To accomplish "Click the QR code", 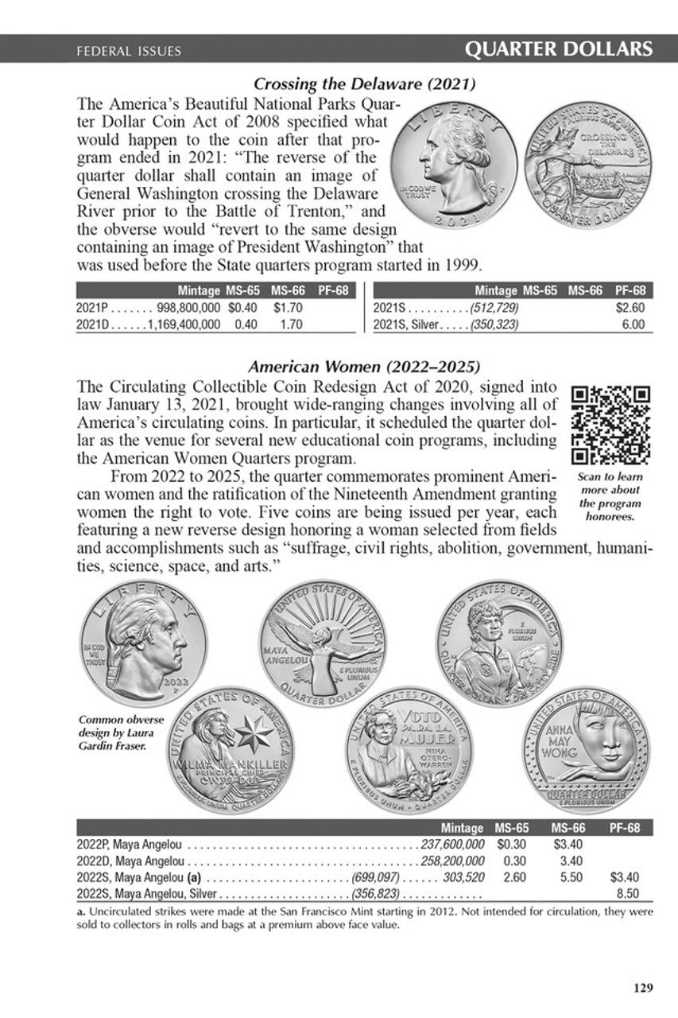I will coord(611,425).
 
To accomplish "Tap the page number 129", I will coord(643,989).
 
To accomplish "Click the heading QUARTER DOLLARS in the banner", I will coord(559,50).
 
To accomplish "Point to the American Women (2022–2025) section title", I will coord(364,367).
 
